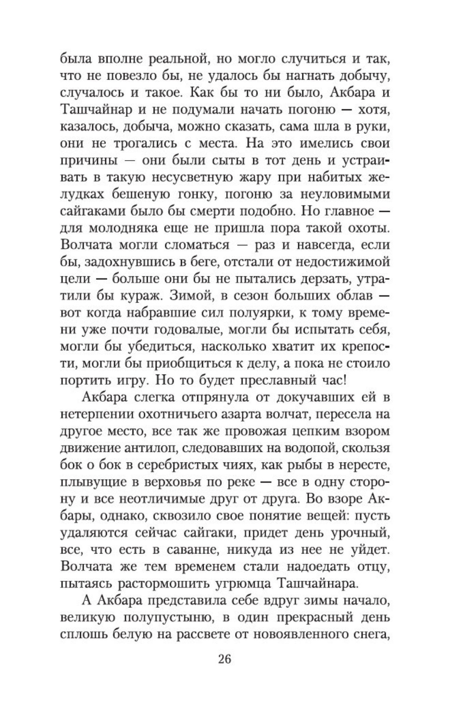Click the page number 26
(x=224, y=659)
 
